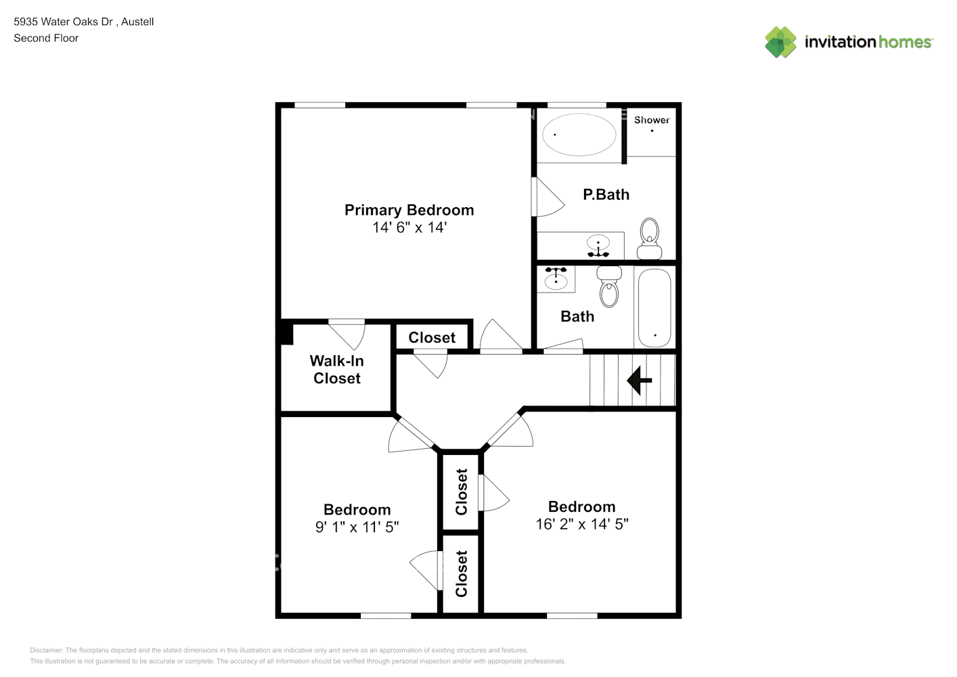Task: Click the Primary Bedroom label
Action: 409,210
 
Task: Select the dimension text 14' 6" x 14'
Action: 409,227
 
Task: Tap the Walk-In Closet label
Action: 336,370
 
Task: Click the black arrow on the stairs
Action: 638,380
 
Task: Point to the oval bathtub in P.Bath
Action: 579,134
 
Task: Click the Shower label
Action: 651,120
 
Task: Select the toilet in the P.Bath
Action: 650,238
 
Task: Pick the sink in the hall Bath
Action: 556,278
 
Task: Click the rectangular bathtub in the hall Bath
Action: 654,307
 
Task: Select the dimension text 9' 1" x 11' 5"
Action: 357,527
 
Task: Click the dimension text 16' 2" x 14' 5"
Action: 581,524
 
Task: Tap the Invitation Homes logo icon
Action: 780,42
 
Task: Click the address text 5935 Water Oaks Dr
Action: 63,22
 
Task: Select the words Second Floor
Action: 46,38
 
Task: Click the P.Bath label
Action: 606,195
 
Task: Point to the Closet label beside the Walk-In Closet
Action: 432,337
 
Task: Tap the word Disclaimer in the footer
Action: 46,650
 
